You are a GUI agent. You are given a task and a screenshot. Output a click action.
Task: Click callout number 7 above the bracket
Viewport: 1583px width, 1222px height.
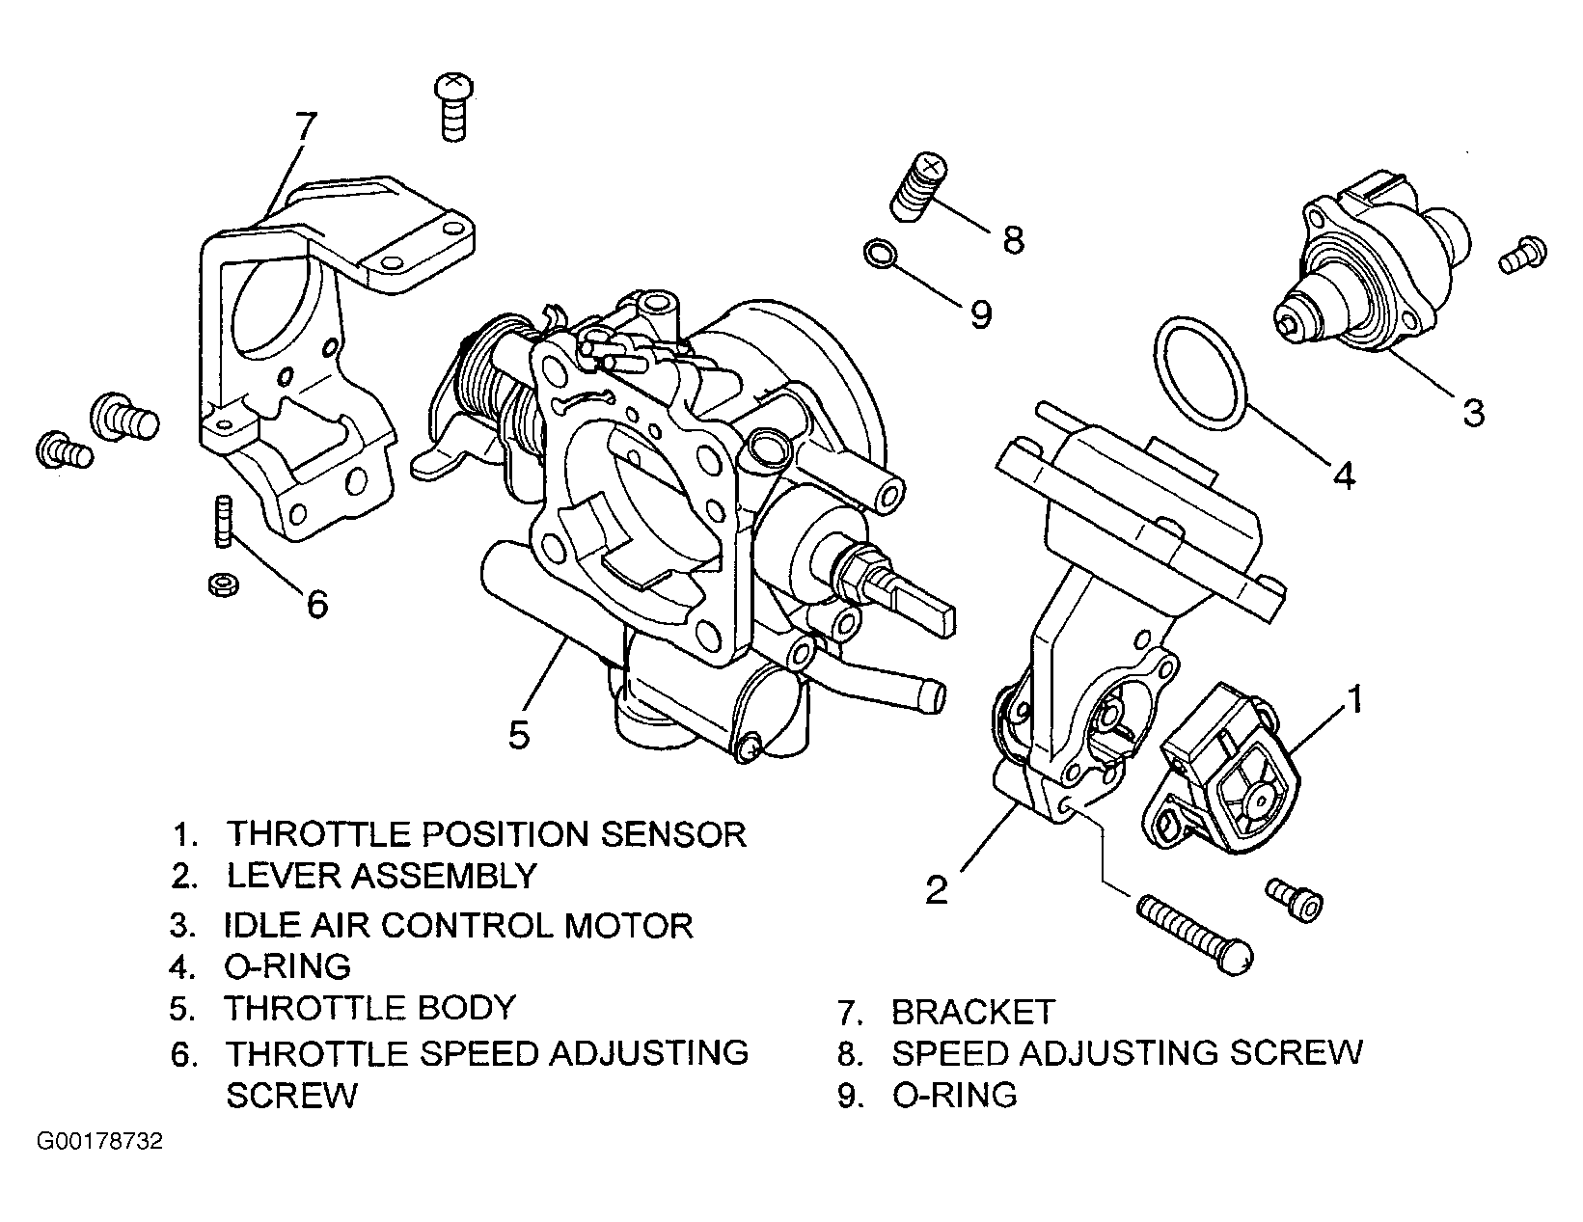pos(305,126)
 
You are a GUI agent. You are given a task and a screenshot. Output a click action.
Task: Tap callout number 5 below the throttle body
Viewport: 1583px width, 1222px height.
pos(518,735)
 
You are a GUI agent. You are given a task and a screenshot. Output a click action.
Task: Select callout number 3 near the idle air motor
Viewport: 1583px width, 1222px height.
pos(1473,413)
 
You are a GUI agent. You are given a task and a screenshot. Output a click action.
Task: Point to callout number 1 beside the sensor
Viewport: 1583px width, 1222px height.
pos(1355,700)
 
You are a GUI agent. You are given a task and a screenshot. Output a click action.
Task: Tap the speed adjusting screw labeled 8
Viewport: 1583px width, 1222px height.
pos(918,186)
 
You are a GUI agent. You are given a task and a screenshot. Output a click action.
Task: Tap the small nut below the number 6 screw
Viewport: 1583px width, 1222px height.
pos(223,584)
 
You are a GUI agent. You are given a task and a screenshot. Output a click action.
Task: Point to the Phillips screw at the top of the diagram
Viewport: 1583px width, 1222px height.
pos(453,106)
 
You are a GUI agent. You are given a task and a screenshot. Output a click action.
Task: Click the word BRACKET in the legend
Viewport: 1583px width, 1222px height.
pos(972,1013)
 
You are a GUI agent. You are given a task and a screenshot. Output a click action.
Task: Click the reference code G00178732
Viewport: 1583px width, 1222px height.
pos(99,1141)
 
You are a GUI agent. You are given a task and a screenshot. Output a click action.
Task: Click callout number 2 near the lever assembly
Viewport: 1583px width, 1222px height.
pos(936,890)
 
